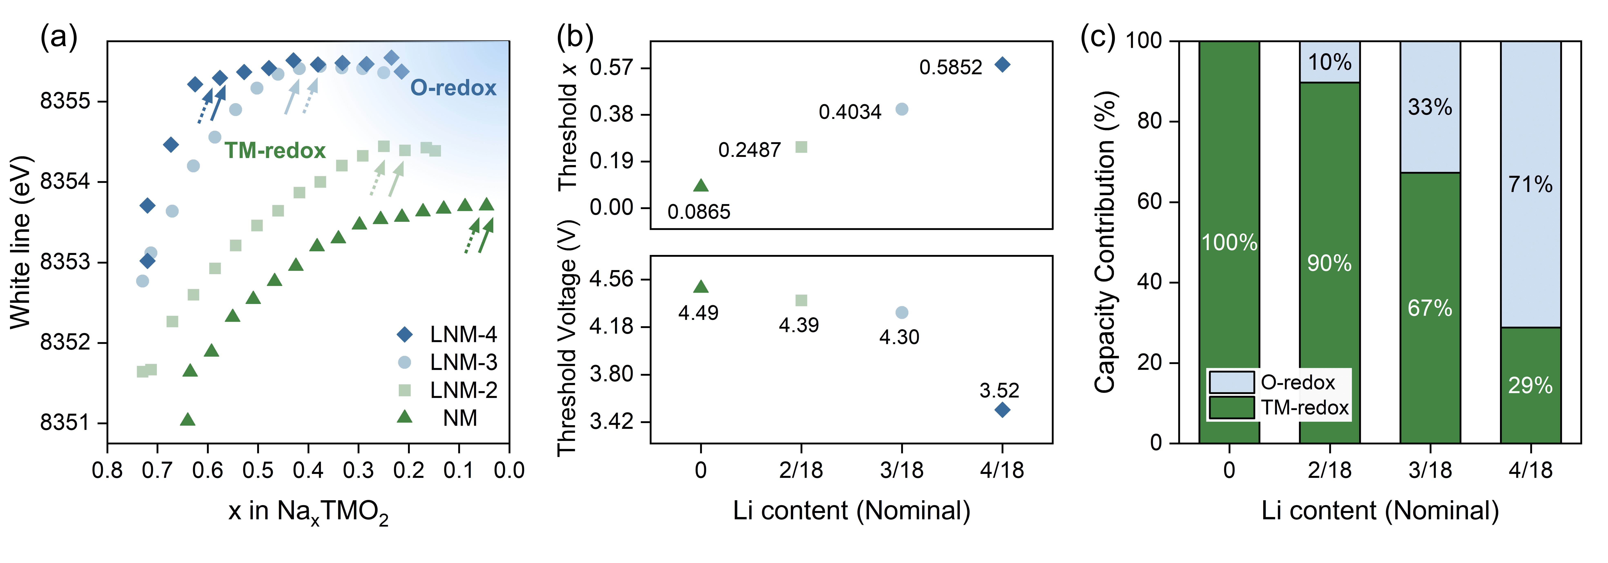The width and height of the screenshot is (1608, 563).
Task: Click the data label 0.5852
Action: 950,67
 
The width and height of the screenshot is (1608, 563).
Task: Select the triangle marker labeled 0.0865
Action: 701,185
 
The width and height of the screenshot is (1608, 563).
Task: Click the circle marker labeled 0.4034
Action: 901,109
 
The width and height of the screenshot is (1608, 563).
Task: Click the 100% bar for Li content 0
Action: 1229,242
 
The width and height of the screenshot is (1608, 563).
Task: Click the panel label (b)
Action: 574,37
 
